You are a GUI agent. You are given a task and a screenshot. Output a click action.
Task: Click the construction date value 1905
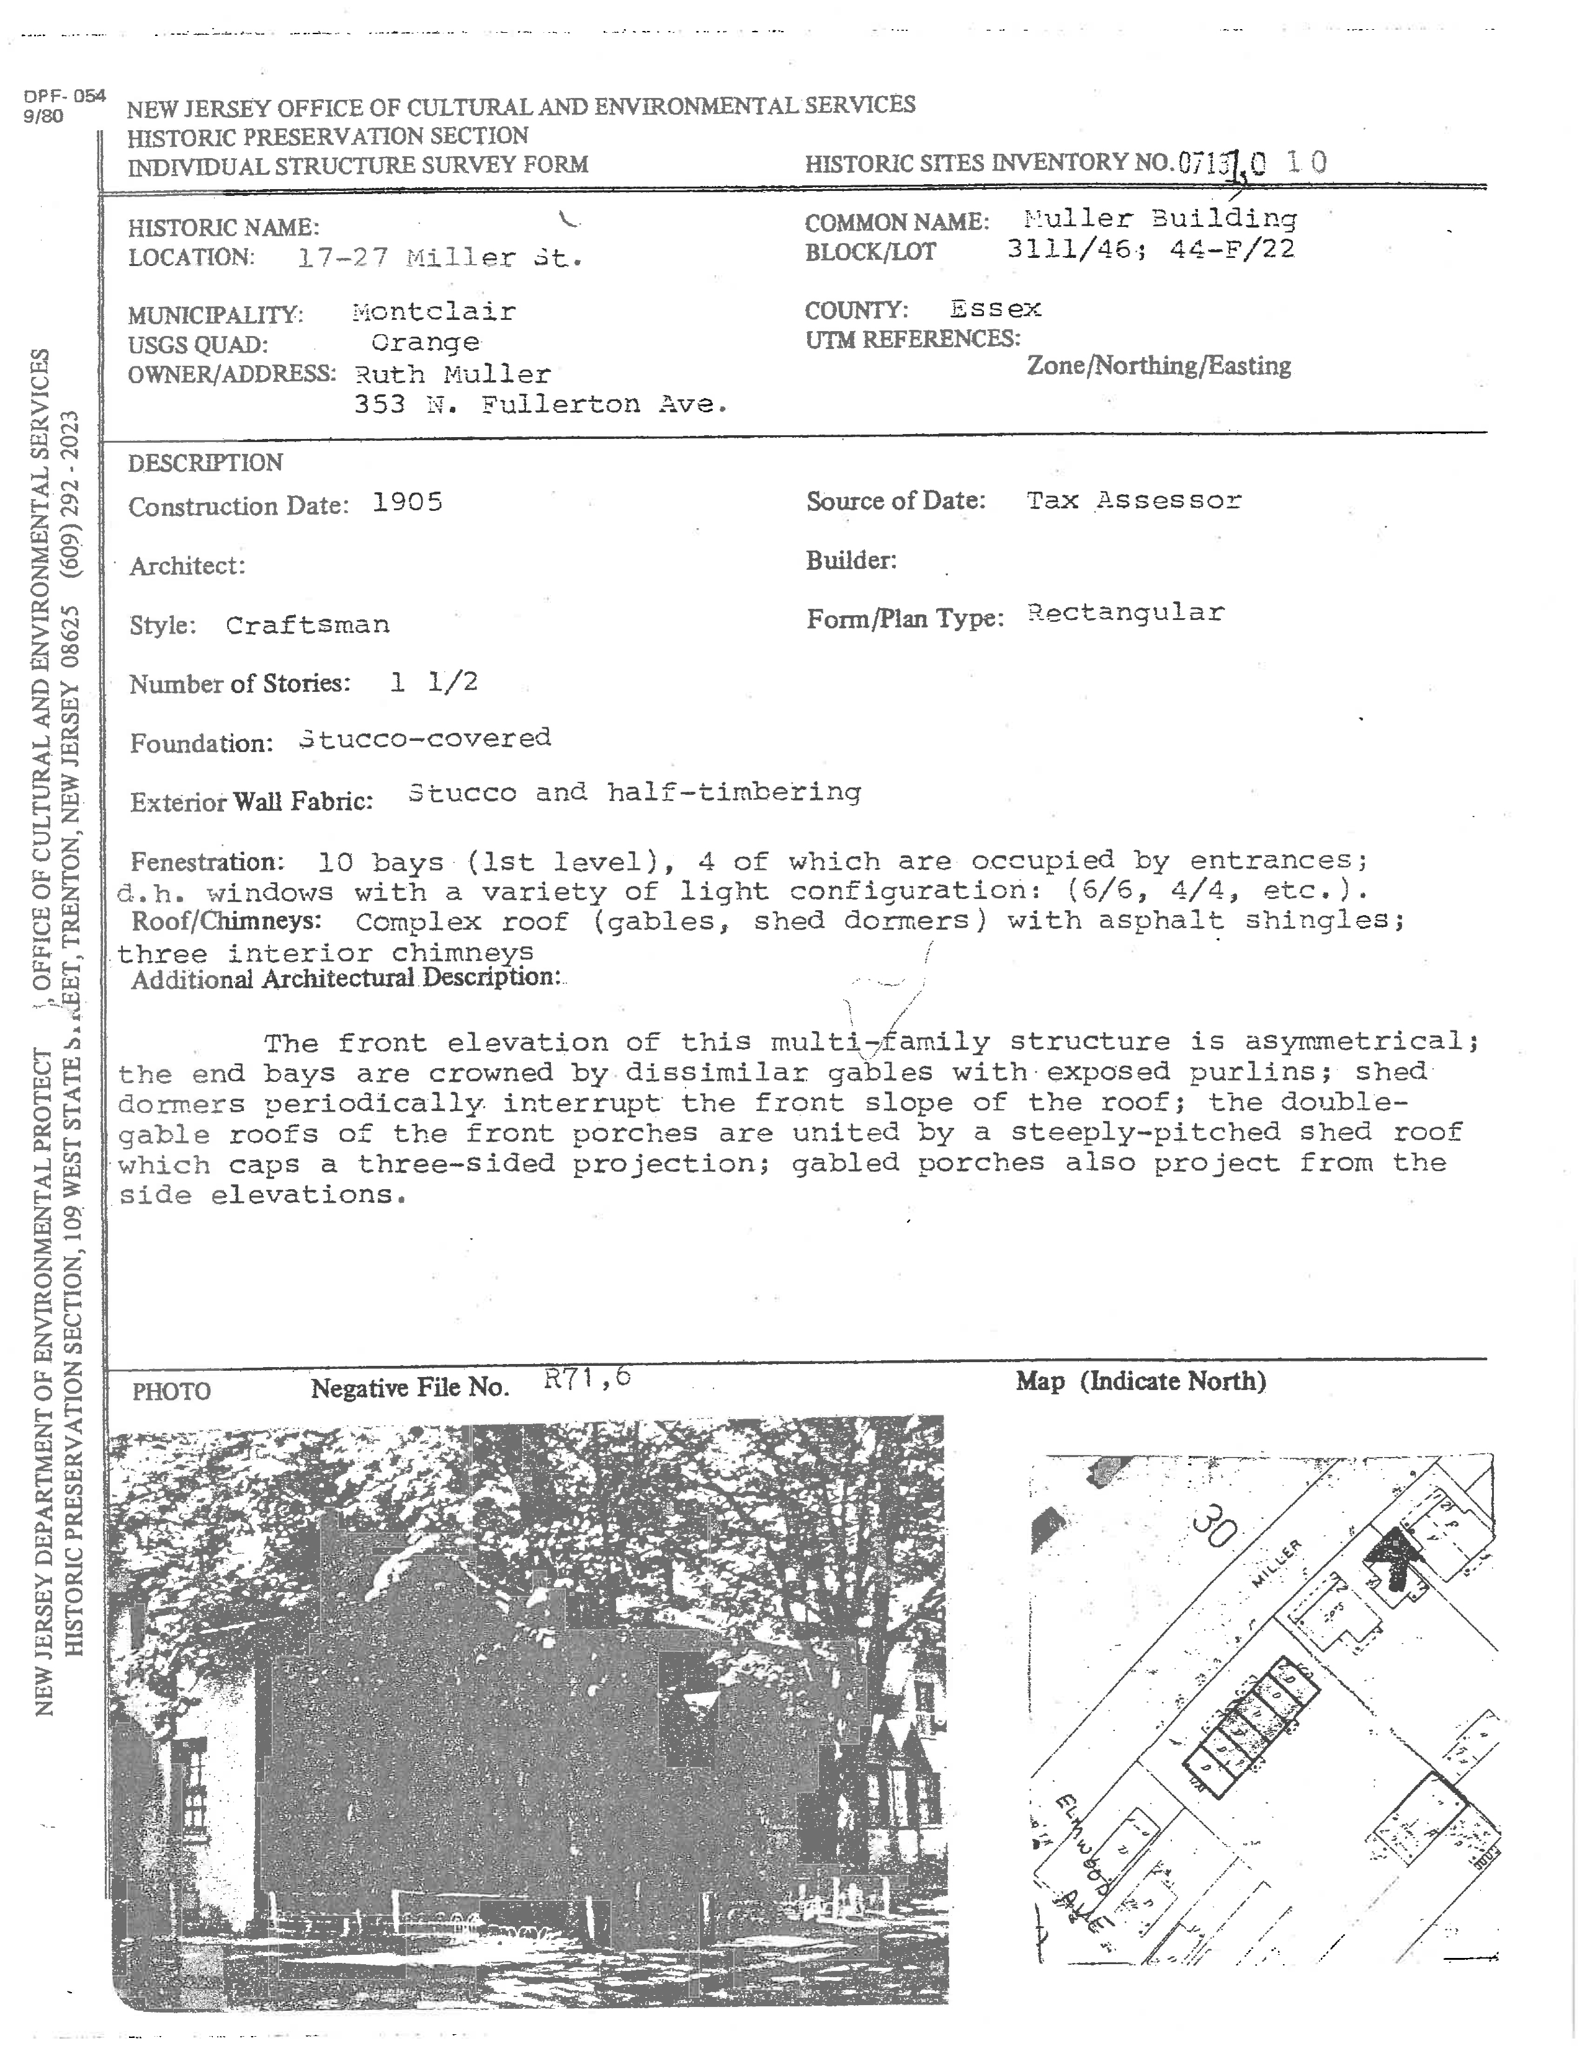click(x=407, y=502)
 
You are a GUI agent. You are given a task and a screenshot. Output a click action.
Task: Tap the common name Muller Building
click(x=1160, y=218)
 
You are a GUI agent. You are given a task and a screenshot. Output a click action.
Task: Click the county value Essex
click(x=995, y=308)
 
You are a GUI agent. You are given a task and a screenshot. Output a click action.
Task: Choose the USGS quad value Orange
click(x=424, y=342)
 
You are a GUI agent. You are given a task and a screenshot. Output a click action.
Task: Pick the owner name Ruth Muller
click(x=453, y=374)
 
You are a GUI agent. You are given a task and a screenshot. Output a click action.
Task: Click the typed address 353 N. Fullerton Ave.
click(x=541, y=405)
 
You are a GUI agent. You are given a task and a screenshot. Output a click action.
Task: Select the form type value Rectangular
click(x=1125, y=613)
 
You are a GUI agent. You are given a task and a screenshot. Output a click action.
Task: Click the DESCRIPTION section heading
click(x=205, y=463)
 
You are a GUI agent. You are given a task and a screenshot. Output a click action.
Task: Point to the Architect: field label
click(x=187, y=566)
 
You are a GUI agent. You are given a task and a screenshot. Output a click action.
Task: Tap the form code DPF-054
click(x=65, y=95)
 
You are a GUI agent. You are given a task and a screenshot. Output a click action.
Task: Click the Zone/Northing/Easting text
click(x=1158, y=365)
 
